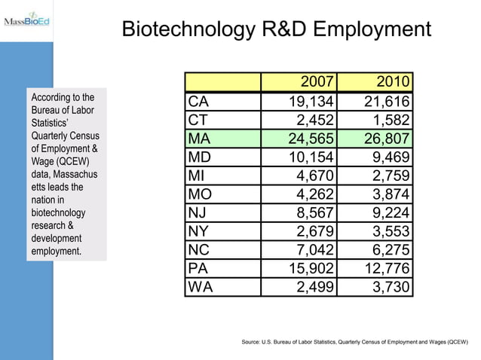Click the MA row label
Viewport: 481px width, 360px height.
[x=200, y=139]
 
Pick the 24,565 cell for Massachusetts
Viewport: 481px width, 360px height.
[x=311, y=139]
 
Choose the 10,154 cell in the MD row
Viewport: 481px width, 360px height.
[x=311, y=157]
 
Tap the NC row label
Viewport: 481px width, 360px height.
[x=200, y=250]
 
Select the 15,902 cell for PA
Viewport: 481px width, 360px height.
[x=311, y=268]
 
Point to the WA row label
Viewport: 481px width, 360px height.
[x=201, y=287]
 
